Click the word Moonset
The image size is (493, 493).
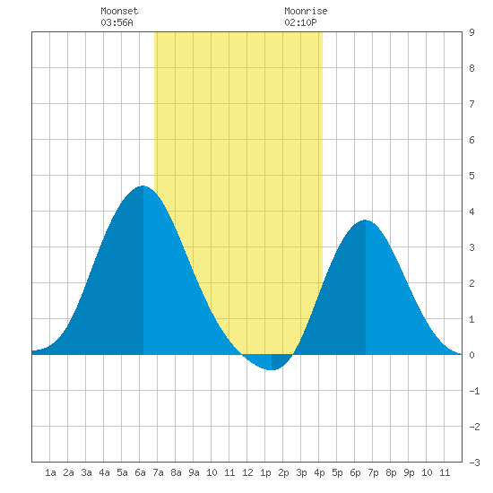click(119, 11)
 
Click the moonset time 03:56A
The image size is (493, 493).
click(117, 22)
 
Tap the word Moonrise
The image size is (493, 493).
click(306, 11)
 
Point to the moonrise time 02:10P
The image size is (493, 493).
click(300, 22)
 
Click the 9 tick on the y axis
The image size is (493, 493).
click(471, 32)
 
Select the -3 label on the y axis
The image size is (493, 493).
click(474, 463)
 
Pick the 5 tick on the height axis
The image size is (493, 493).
click(471, 176)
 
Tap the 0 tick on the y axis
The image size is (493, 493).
click(471, 355)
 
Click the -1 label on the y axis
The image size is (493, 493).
click(474, 391)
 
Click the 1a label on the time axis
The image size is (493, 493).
click(50, 472)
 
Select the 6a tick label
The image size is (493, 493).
click(140, 472)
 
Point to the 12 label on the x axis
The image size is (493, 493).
click(247, 472)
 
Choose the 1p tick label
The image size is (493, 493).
click(265, 472)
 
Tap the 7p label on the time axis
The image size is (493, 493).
click(373, 472)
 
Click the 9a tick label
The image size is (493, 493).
click(194, 472)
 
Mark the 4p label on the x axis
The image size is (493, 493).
click(319, 472)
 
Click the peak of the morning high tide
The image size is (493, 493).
click(143, 186)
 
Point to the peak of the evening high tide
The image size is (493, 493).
click(366, 221)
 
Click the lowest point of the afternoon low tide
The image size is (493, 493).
click(272, 370)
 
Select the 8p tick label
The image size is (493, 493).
click(391, 472)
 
